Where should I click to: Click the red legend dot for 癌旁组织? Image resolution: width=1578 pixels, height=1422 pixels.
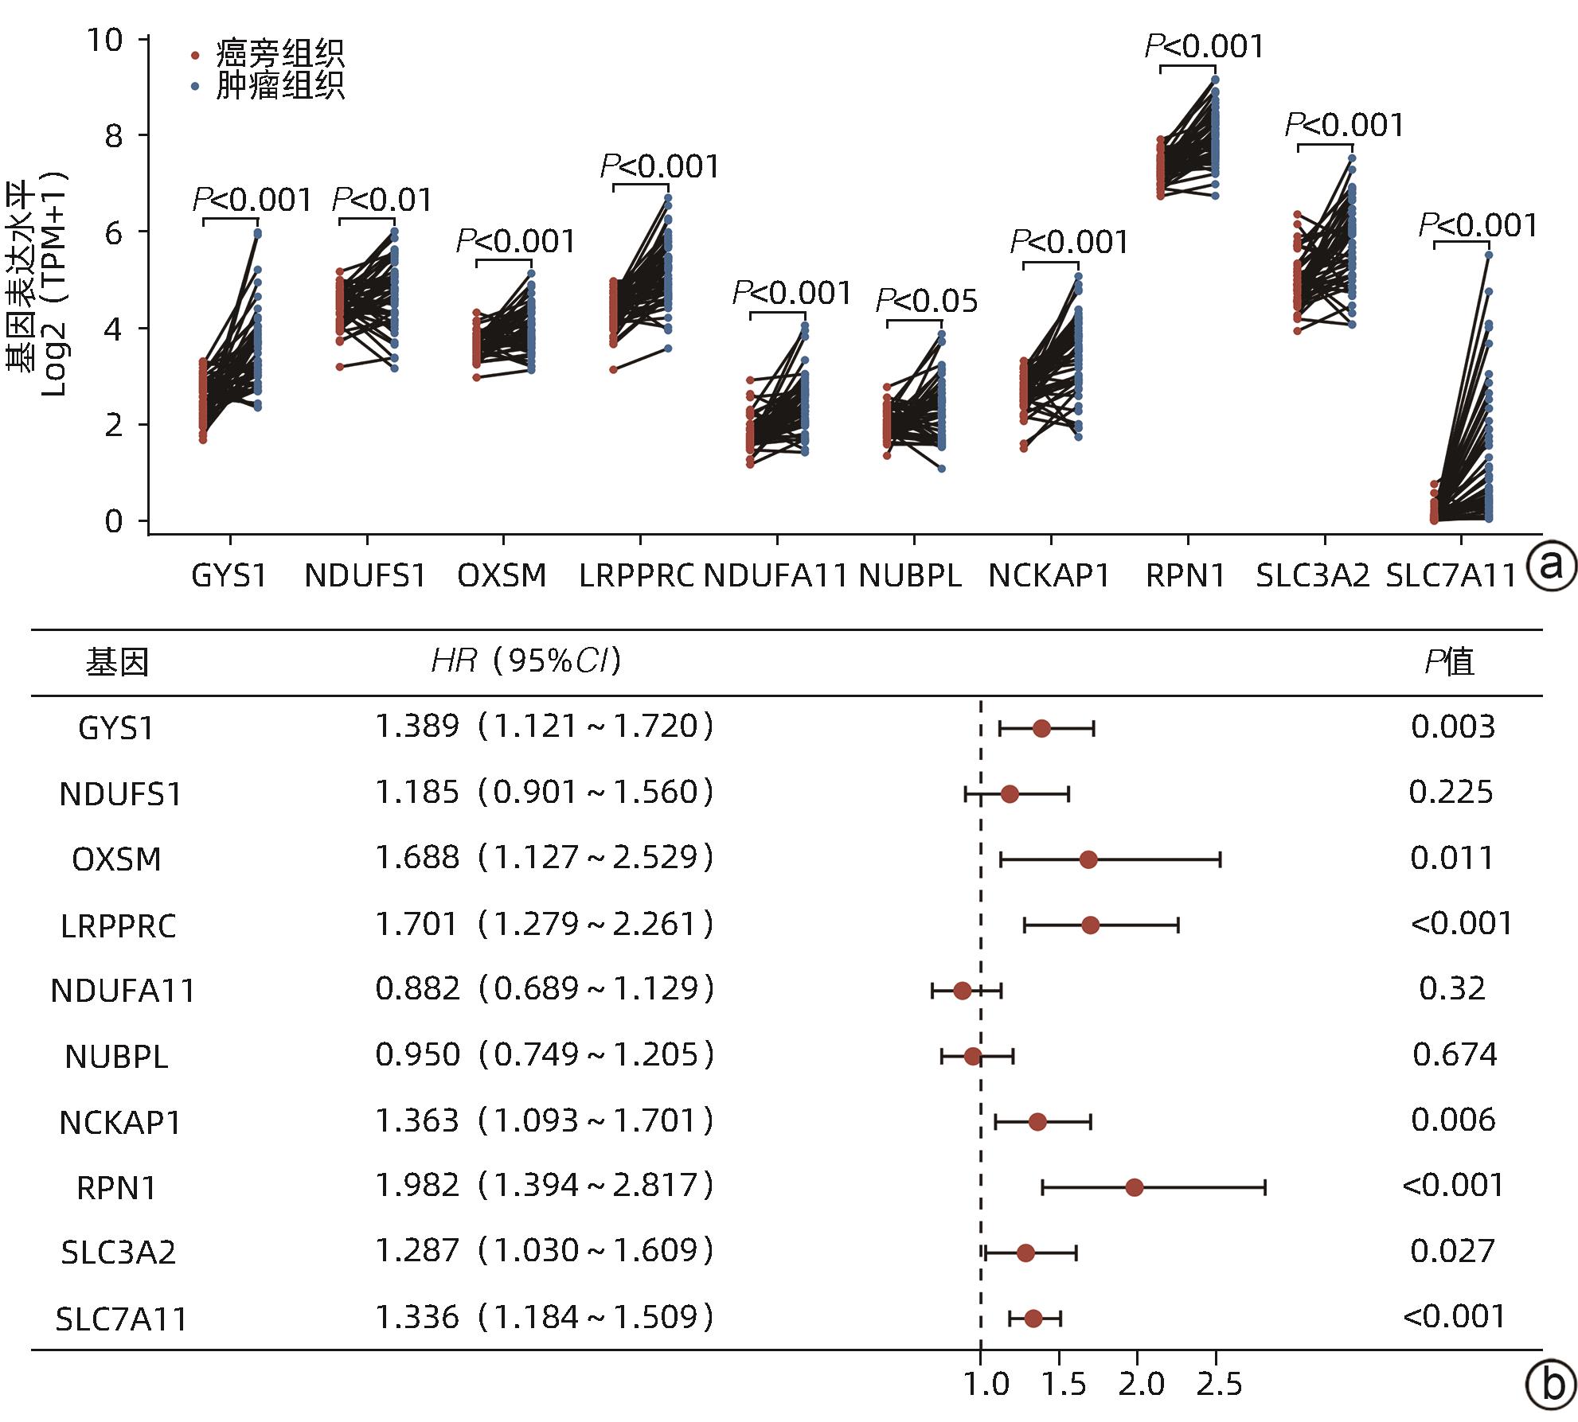[x=195, y=56]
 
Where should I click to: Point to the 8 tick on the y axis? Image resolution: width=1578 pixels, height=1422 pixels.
[x=115, y=136]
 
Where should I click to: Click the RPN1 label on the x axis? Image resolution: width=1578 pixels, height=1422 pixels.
[x=1185, y=575]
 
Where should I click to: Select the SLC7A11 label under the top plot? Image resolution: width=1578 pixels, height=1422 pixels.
[x=1451, y=575]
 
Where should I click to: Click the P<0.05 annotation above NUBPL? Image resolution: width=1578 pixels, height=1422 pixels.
[x=926, y=301]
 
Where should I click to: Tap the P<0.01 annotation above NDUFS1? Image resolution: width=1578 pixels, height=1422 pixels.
[x=382, y=200]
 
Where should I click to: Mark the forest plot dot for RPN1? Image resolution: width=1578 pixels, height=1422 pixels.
[x=1135, y=1188]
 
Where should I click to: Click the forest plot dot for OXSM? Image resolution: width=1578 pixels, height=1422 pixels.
[x=1088, y=859]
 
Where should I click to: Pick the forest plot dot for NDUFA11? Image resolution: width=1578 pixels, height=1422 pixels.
[x=963, y=991]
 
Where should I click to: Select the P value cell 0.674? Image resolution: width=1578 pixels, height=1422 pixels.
[x=1454, y=1055]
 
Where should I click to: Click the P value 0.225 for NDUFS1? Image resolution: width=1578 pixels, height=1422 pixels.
[x=1451, y=793]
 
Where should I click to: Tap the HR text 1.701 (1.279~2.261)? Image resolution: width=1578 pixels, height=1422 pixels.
[x=544, y=925]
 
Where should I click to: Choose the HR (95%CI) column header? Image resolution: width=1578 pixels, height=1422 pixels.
[x=525, y=661]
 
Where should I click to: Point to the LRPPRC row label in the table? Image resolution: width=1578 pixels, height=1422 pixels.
[x=118, y=925]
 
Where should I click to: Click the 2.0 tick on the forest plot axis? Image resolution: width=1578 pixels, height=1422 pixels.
[x=1141, y=1385]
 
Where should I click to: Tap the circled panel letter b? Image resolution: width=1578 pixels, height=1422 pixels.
[x=1550, y=1385]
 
